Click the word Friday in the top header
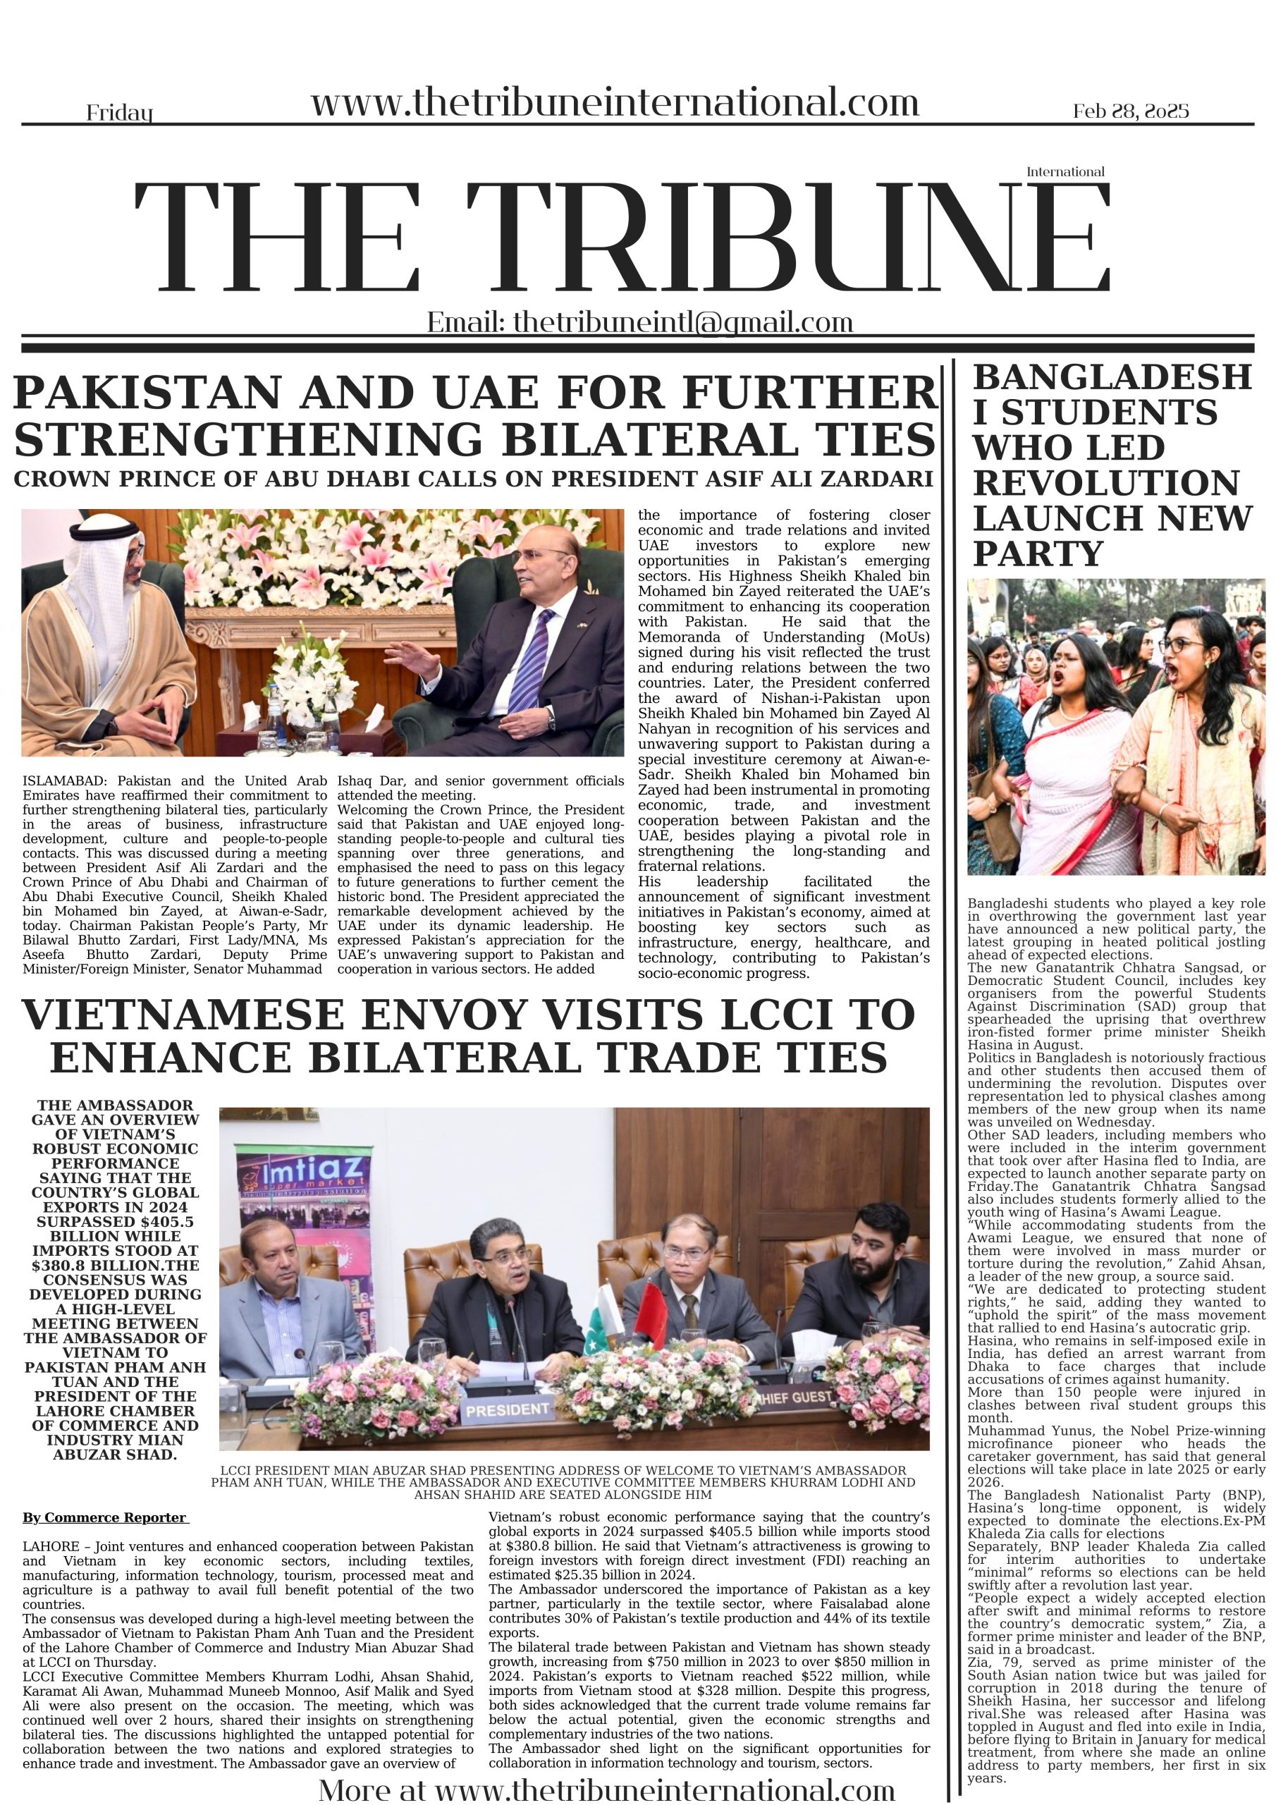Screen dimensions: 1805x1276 (120, 114)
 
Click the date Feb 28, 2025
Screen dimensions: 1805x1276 (1131, 111)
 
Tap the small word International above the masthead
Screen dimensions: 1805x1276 (1065, 171)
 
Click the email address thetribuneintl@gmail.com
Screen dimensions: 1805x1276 (682, 322)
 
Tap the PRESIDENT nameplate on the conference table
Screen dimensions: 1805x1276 (507, 1409)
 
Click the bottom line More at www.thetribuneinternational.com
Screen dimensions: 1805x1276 (606, 1789)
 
